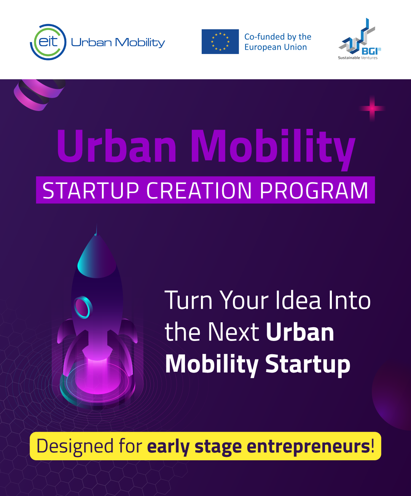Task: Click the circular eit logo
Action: tap(48, 42)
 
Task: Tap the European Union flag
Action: tap(220, 41)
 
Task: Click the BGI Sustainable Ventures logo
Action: tap(359, 39)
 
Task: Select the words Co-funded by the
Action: tap(278, 37)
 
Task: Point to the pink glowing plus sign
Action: tap(372, 109)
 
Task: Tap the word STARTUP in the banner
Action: tap(91, 190)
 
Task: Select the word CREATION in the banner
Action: tap(199, 190)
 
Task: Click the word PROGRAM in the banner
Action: tap(314, 190)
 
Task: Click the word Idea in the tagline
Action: tap(298, 300)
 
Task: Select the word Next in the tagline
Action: tap(234, 332)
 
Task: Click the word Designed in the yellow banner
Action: tap(75, 447)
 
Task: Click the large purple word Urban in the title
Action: tap(116, 146)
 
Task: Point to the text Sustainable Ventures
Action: tap(358, 58)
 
